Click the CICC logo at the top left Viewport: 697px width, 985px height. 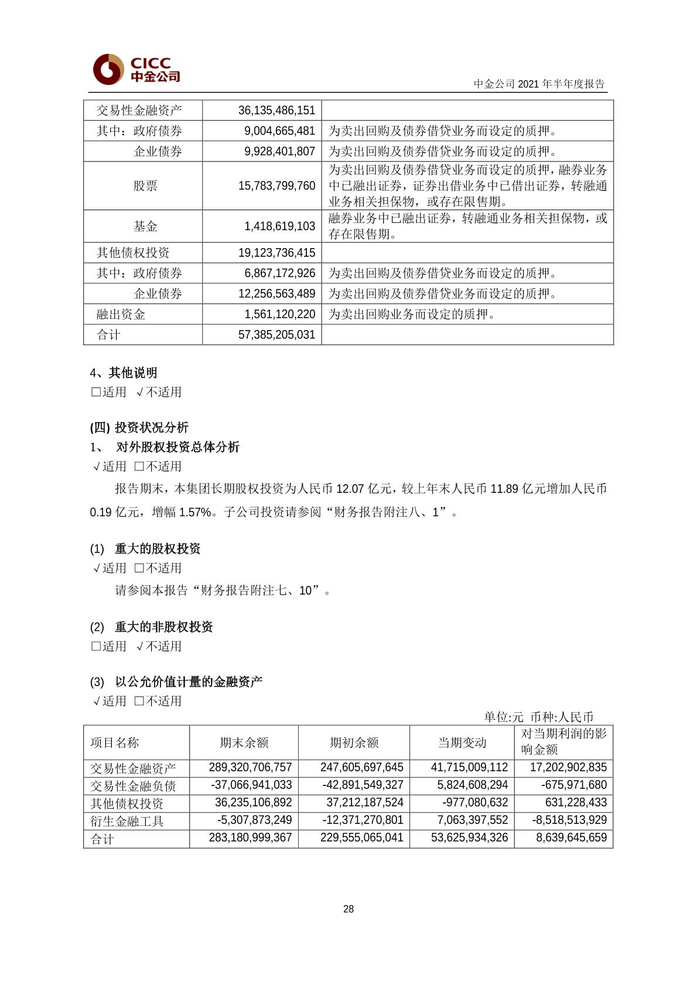[x=136, y=69]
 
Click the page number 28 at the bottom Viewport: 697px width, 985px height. [x=348, y=909]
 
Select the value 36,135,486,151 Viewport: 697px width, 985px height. [x=276, y=110]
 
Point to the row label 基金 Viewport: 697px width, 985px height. [x=145, y=226]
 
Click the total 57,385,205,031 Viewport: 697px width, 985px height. [x=276, y=335]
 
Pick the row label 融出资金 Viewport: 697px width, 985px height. [x=121, y=314]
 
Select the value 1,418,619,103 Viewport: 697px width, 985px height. [x=279, y=226]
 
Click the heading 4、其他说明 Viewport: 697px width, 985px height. [x=124, y=373]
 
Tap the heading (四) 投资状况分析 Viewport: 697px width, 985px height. [x=139, y=427]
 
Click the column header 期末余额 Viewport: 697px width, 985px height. [x=244, y=742]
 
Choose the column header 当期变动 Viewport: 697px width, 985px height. [x=462, y=742]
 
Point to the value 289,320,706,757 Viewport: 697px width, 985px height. [x=250, y=767]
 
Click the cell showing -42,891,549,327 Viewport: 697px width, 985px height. [x=363, y=785]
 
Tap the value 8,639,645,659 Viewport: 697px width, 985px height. [x=571, y=838]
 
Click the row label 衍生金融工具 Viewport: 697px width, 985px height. [x=127, y=821]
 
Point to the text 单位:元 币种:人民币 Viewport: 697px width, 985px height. [x=538, y=717]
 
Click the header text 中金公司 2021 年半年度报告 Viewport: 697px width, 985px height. [x=539, y=84]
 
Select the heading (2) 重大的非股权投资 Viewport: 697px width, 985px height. [x=151, y=627]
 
